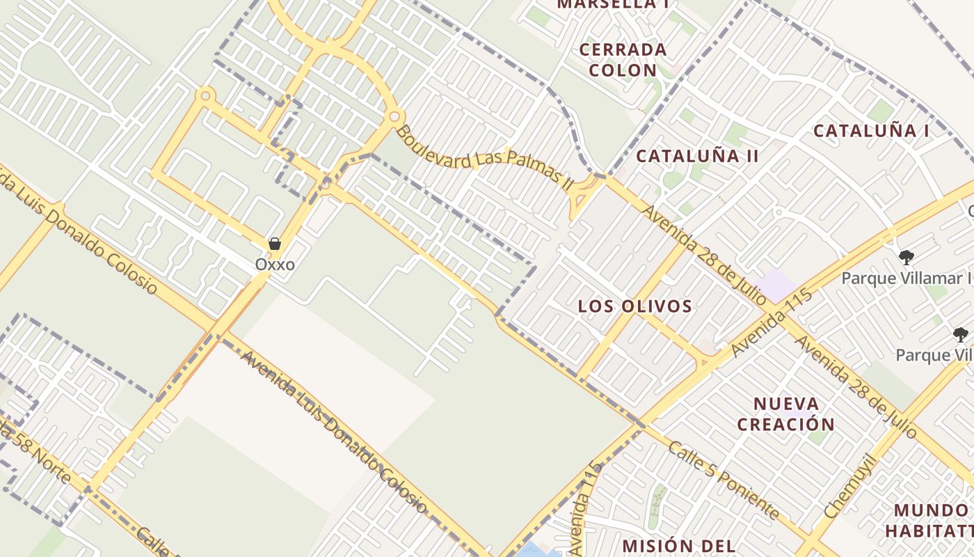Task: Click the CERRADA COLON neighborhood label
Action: [623, 60]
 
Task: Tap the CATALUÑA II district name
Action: [697, 156]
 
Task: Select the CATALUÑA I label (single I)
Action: [871, 131]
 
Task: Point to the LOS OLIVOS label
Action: [635, 306]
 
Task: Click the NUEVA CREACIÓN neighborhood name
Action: [785, 414]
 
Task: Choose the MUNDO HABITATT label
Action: [929, 520]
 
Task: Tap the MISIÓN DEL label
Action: [678, 546]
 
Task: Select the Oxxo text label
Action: [275, 265]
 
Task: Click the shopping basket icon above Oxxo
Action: [275, 244]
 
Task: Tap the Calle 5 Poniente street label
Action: [724, 480]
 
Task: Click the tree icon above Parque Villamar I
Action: [906, 258]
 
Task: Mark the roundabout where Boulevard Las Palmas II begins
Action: [394, 116]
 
